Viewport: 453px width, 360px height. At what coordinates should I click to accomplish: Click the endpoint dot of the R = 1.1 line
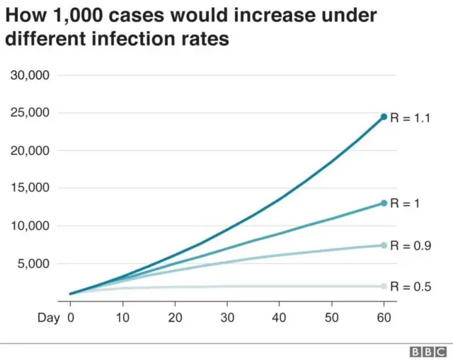tap(384, 117)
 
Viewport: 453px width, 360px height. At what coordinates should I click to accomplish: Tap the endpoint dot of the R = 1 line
tap(384, 203)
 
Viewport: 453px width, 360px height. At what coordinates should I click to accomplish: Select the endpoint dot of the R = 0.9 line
tap(384, 245)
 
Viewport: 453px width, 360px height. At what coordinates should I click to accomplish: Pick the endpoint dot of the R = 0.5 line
tap(384, 286)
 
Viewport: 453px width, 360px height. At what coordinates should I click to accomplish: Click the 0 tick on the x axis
tap(70, 319)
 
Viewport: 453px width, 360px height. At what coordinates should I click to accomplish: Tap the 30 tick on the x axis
tap(227, 319)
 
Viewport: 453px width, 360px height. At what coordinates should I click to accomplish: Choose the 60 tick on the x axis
tap(384, 319)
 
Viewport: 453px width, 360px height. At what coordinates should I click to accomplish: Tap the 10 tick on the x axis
tap(122, 319)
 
